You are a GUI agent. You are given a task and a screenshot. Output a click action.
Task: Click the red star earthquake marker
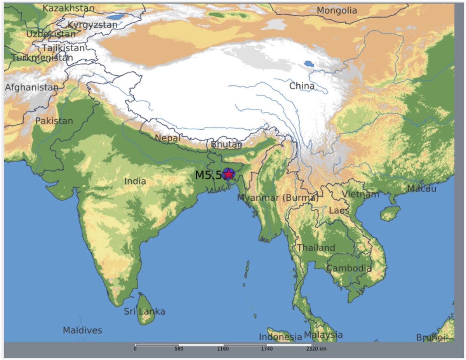pyautogui.click(x=228, y=174)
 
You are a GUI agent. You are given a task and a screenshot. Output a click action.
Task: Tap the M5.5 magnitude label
pyautogui.click(x=208, y=175)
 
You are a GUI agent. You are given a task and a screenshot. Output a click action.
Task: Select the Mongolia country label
pyautogui.click(x=337, y=10)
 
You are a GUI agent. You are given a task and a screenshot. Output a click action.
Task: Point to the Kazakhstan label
pyautogui.click(x=68, y=8)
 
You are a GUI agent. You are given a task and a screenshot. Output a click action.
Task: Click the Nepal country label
pyautogui.click(x=167, y=138)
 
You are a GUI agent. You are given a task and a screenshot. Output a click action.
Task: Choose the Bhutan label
pyautogui.click(x=227, y=144)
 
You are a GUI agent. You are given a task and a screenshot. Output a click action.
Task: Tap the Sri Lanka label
pyautogui.click(x=144, y=311)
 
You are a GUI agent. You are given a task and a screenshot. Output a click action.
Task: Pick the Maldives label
pyautogui.click(x=82, y=330)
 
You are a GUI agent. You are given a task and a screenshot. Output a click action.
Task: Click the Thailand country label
pyautogui.click(x=316, y=248)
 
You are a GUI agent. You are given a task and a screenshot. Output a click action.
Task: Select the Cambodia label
pyautogui.click(x=349, y=268)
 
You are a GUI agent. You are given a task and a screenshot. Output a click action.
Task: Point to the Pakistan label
pyautogui.click(x=54, y=121)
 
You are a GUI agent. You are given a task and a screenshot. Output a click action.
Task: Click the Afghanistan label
pyautogui.click(x=31, y=87)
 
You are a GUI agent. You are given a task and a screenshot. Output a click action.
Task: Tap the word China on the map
pyautogui.click(x=302, y=86)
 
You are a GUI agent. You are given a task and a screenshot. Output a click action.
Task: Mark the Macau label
pyautogui.click(x=421, y=189)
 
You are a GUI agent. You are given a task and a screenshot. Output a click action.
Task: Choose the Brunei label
pyautogui.click(x=430, y=338)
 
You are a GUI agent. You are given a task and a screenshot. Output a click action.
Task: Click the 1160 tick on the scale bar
pyautogui.click(x=223, y=349)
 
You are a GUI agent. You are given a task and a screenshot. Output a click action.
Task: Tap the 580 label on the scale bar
pyautogui.click(x=179, y=349)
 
